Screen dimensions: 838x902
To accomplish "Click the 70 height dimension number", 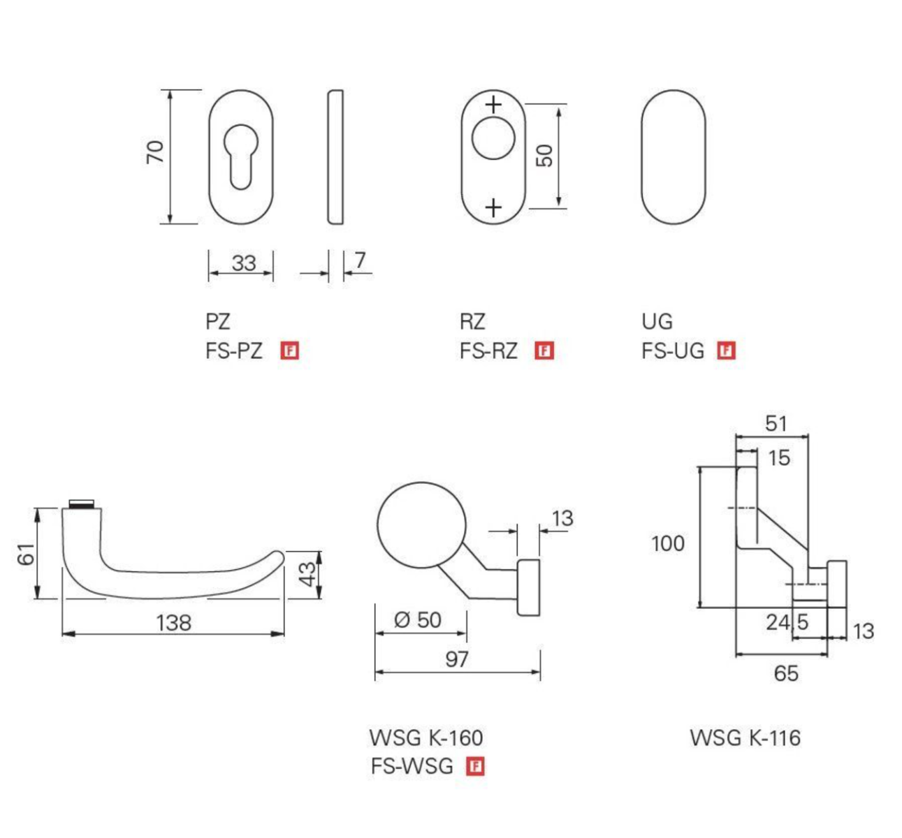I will (x=155, y=152).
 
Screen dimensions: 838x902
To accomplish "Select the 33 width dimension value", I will (x=243, y=263).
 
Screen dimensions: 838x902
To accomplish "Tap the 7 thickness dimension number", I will (x=360, y=260).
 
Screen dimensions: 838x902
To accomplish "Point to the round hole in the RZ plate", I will (x=493, y=138).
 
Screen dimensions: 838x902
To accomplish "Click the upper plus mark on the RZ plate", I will (x=494, y=105).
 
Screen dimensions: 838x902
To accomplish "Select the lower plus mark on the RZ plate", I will (x=493, y=207).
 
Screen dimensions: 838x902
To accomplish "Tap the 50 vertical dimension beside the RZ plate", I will (x=546, y=155).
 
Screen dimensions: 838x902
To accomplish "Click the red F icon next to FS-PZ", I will (x=289, y=351).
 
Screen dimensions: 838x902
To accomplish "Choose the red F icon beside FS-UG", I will (x=727, y=351).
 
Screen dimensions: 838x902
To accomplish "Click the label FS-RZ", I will (x=488, y=351).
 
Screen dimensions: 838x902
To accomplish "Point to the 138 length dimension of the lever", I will (x=173, y=622).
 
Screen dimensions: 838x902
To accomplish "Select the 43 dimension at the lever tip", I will (x=307, y=575).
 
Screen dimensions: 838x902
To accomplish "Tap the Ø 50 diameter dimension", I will (x=418, y=620).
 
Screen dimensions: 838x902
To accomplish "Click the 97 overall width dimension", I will (x=457, y=659).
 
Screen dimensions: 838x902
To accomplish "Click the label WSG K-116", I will (x=745, y=737).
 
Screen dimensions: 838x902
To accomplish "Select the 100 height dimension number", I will (x=668, y=543).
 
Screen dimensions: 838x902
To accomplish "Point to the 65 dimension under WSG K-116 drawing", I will (x=785, y=673).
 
